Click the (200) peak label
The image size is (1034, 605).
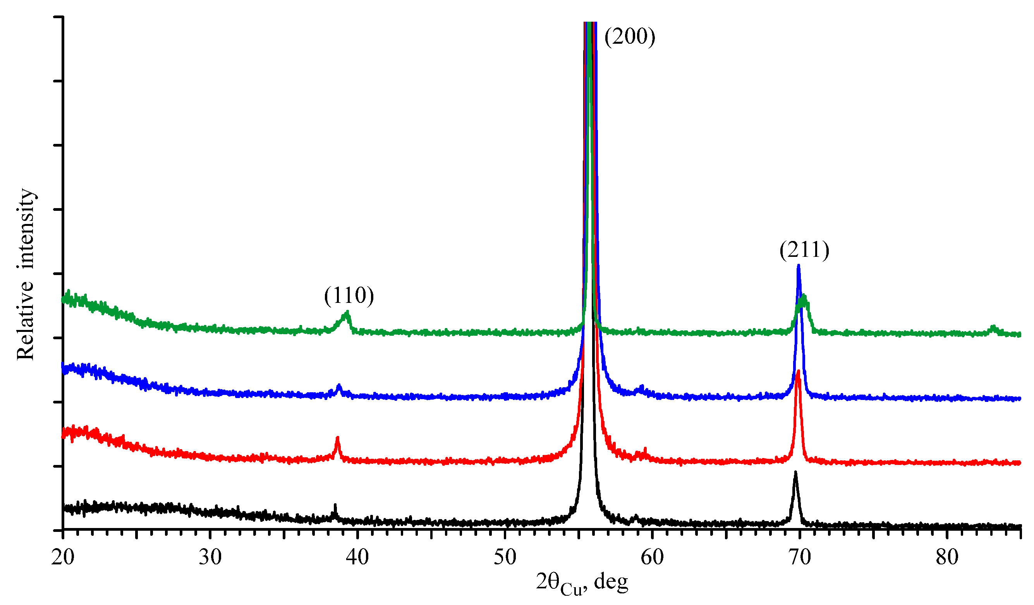coord(630,36)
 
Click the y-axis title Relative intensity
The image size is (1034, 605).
coord(26,275)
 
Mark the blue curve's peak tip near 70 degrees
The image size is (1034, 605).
coord(799,266)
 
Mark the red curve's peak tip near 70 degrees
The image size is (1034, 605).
coord(798,371)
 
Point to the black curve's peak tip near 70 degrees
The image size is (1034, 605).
coord(795,473)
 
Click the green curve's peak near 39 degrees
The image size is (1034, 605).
coord(347,314)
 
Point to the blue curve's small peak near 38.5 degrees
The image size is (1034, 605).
coord(339,386)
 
